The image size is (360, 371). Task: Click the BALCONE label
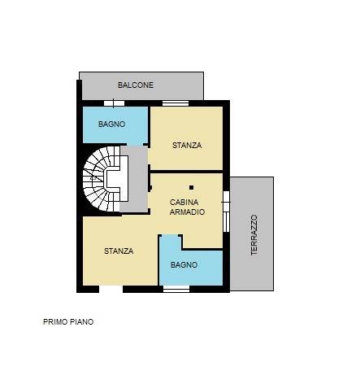pos(136,85)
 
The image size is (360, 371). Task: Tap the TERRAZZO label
pos(254,235)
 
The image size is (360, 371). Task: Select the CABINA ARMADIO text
pos(187,207)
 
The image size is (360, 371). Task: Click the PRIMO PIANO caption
pos(68,322)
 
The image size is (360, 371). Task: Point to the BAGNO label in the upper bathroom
pos(111,124)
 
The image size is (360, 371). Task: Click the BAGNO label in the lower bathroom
pos(184,264)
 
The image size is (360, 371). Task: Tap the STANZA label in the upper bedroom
pos(187,146)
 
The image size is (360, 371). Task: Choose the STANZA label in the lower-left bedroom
pos(119,251)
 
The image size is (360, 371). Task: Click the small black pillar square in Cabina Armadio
pos(191,187)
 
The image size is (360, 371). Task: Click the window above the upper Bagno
pos(114,103)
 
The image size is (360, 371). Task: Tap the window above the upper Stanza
pos(176,103)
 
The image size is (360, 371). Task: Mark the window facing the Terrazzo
pos(226,212)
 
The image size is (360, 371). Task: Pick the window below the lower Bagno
pos(176,290)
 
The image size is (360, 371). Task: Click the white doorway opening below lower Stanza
pos(111,290)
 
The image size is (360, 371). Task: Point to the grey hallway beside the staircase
pos(134,179)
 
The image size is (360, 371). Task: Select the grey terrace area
pos(252,234)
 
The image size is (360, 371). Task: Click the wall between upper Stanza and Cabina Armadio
pos(187,172)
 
